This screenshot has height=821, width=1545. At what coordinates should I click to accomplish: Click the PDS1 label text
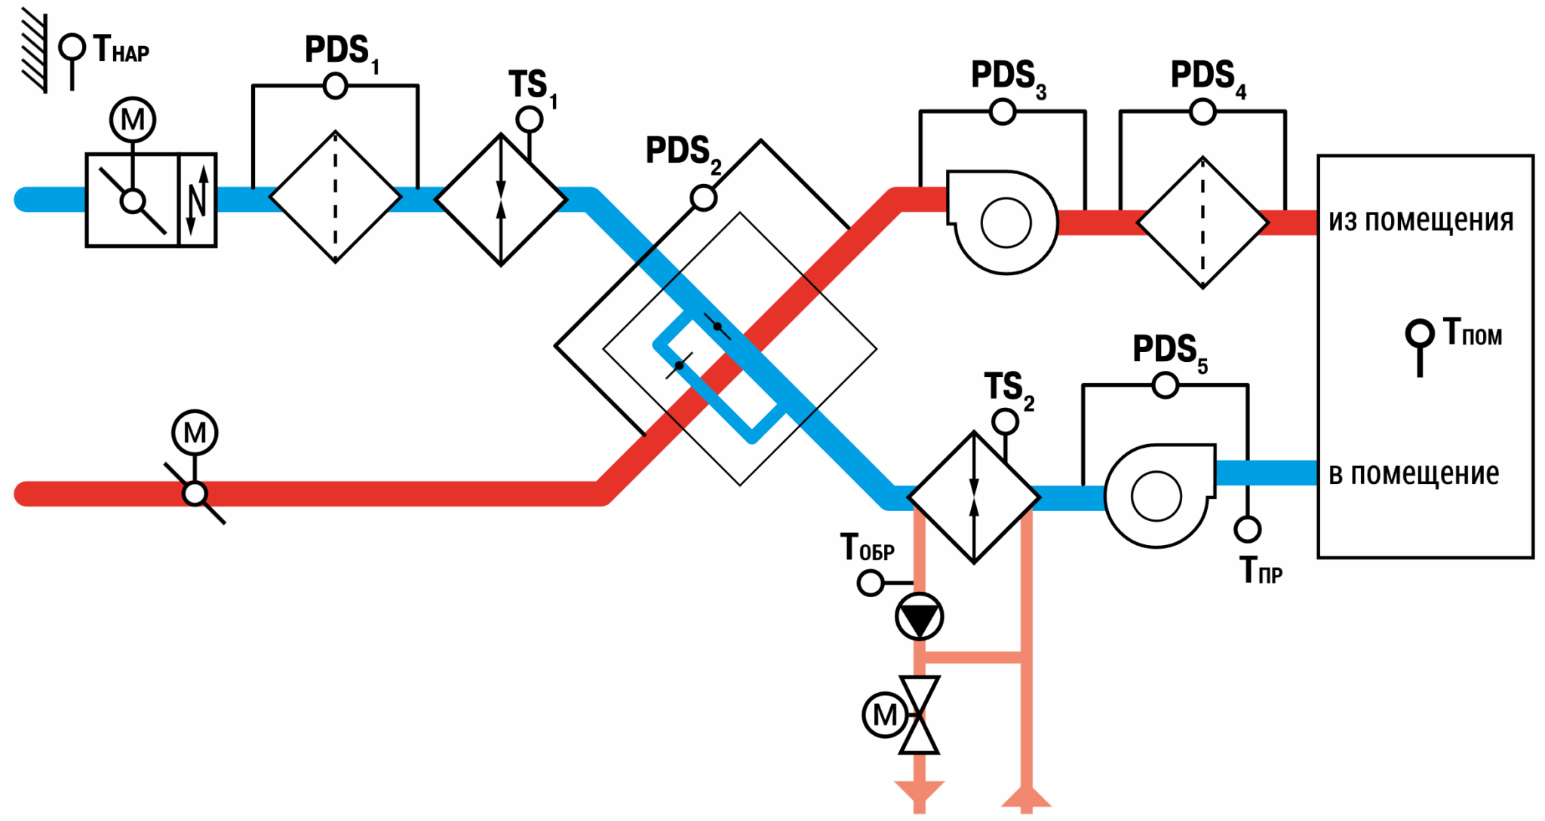coord(342,54)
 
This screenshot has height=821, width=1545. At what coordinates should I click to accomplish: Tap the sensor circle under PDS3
coord(1003,112)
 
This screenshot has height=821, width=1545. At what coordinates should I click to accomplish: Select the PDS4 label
coord(1209,78)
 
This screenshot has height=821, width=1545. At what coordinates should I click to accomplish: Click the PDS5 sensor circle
coord(1166,385)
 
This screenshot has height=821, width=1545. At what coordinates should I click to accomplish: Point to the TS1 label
coord(533,88)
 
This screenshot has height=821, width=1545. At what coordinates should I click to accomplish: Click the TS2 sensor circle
coord(1005,421)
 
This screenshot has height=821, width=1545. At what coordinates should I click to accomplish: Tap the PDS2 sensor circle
coord(704,198)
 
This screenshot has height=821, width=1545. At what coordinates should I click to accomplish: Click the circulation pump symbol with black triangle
coord(919,617)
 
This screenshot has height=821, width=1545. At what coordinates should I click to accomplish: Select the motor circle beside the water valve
coord(885,715)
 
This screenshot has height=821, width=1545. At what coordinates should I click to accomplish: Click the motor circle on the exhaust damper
coord(195,433)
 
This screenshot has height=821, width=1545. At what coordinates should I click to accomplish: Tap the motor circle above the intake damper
coord(133,120)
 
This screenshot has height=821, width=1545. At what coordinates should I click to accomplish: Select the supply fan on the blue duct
coord(1160,495)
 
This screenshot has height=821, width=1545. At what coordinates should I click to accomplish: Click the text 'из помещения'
coord(1421,220)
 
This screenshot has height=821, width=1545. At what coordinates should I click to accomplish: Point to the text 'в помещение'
coord(1414,474)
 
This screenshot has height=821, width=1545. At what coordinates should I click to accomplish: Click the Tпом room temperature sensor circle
coord(1420,332)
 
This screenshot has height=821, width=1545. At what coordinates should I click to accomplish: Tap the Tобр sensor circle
coord(871,583)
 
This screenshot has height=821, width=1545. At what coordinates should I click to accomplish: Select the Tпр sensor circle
coord(1248,529)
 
